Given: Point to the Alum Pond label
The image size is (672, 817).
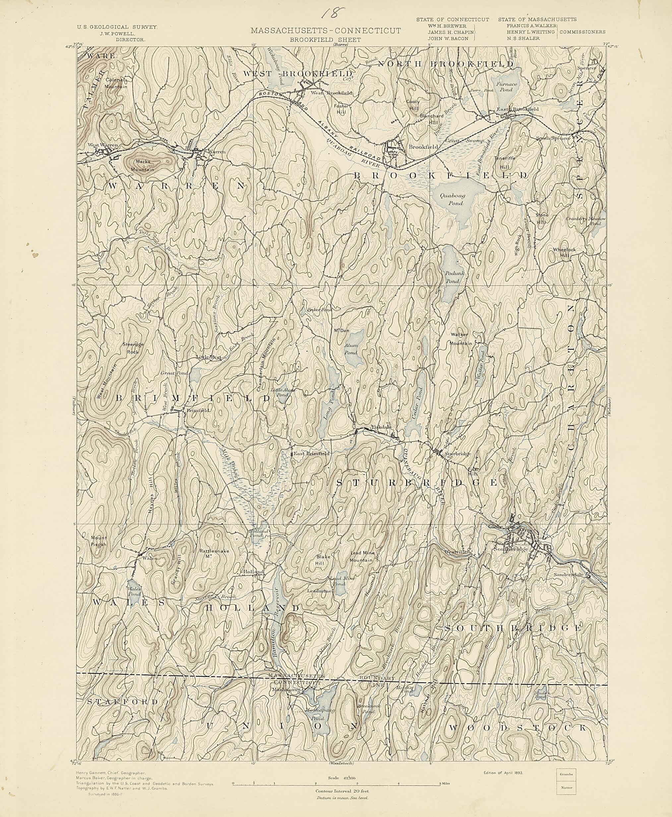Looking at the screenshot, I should coord(351,349).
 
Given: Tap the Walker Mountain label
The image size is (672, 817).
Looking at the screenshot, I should coord(460,339).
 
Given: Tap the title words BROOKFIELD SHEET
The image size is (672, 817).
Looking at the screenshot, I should coord(326,39).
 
